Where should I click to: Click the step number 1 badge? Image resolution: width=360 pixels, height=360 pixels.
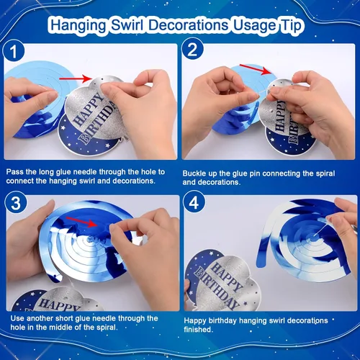pos(14,51)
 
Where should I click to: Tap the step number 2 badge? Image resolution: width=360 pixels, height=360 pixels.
pos(192,49)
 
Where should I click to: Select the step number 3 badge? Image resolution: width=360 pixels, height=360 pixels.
pos(16,204)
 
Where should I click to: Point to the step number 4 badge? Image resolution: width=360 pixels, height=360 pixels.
pos(194,202)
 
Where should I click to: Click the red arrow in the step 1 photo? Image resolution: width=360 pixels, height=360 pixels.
pos(76,78)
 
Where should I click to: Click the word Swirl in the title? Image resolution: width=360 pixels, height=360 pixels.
pos(127,25)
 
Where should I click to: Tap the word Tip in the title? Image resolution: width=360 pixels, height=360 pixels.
pos(291,25)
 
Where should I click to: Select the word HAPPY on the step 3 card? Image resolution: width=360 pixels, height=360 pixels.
pos(58,305)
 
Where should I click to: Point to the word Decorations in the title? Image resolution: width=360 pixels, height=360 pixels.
pos(188,25)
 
